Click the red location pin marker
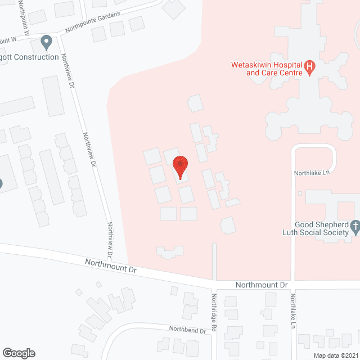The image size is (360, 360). coord(180,166)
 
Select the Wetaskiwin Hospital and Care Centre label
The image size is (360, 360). coord(267,69)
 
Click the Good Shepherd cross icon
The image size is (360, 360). coord(354,227)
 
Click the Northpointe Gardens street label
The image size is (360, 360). coord(93,21)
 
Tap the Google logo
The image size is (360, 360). coord(18,353)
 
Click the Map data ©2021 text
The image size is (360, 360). coord(335,355)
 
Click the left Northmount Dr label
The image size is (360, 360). coord(111,265)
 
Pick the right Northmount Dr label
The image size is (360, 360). coord(261,285)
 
